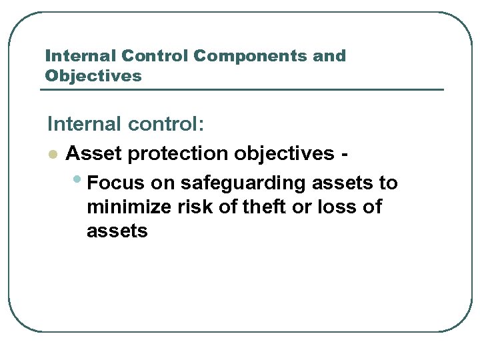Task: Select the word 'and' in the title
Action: (x=329, y=56)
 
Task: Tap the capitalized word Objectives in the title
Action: (x=93, y=76)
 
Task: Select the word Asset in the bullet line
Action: (x=93, y=153)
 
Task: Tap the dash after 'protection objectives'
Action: (x=343, y=155)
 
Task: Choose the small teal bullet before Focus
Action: (x=79, y=180)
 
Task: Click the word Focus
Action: (x=115, y=183)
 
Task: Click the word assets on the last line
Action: (x=117, y=231)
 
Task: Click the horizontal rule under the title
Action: (x=244, y=90)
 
